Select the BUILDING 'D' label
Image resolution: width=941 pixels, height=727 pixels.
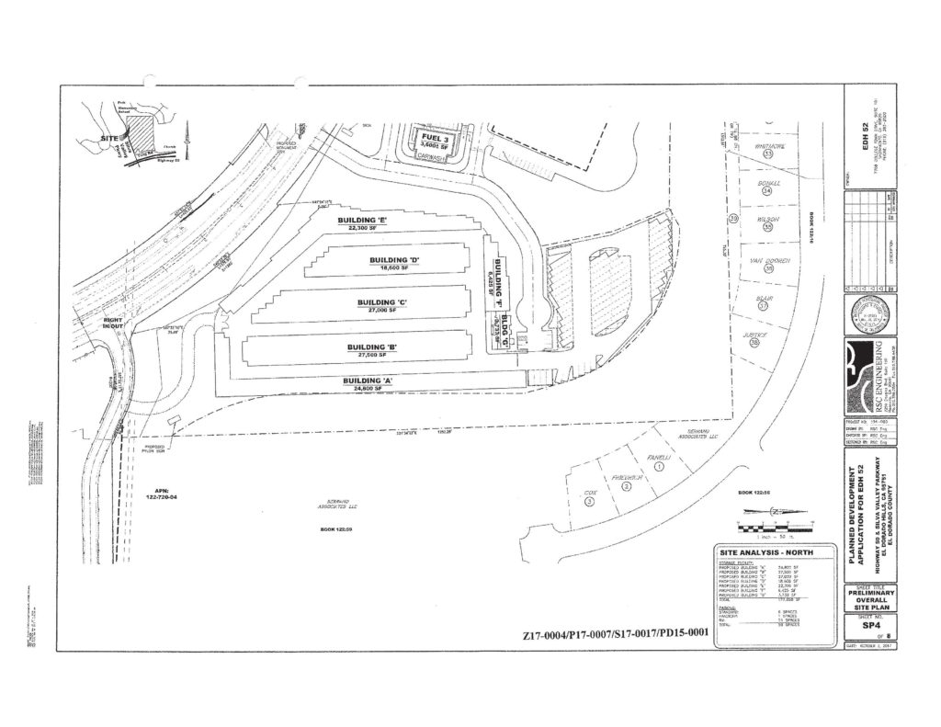[x=394, y=260]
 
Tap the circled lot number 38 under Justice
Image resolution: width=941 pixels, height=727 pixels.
[x=755, y=342]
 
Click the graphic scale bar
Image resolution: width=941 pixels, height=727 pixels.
[x=771, y=527]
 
